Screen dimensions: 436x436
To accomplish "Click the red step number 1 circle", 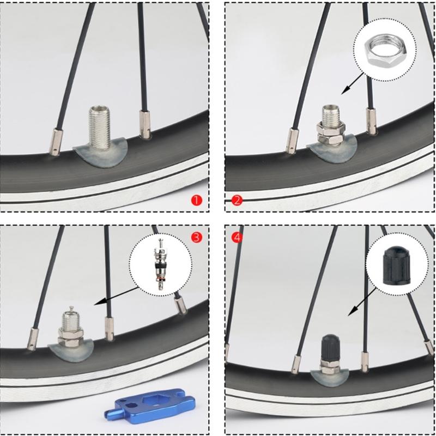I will coord(197,200).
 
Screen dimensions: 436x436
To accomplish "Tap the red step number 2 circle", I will coord(237,200).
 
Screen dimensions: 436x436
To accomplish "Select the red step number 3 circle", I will coord(197,237).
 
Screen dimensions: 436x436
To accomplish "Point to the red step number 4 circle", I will coord(237,237).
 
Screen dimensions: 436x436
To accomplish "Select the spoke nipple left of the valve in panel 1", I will coord(56,141).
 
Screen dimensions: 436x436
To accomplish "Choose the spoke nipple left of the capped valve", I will coord(298,359).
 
